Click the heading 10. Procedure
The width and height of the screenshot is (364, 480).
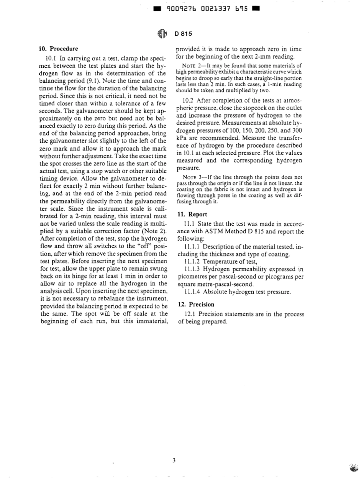pos(59,49)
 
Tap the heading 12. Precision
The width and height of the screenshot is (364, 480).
pos(196,305)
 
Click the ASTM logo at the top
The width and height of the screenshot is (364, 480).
pos(162,34)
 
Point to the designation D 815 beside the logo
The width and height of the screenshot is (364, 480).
pos(184,34)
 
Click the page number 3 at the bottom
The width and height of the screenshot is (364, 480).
pos(174,460)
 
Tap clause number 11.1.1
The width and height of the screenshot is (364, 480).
pos(192,247)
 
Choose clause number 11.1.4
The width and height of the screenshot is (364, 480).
pos(192,292)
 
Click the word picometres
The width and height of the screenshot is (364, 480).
pos(196,277)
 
